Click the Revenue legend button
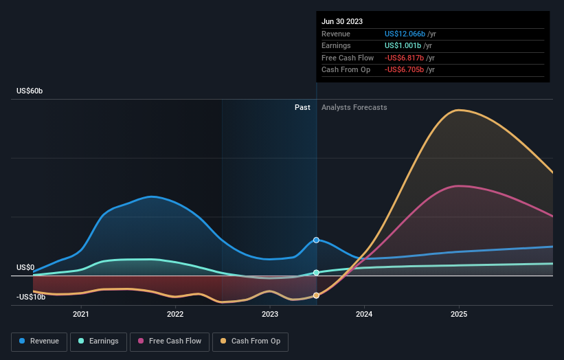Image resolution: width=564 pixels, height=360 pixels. pos(40,341)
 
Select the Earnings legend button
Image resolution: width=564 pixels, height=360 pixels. pos(98,341)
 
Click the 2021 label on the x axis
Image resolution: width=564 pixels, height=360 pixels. pos(81,315)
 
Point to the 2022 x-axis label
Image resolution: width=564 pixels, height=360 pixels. pos(175,315)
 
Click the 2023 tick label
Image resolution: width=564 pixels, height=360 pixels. pos(270,315)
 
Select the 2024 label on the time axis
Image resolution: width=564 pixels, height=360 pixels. pos(364,315)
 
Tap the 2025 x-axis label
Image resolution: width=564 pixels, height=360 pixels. pos(459,315)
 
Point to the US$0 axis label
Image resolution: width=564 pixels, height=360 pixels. pos(26,267)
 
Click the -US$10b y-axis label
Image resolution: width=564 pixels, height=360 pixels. pos(31,297)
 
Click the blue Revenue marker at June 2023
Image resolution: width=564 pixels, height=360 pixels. pos(316,240)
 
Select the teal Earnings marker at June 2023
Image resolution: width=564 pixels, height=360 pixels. pos(316,273)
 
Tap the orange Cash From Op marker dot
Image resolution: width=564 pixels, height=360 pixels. pos(316,295)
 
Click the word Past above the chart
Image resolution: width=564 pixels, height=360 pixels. pos(302,107)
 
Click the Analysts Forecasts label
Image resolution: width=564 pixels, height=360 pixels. pos(354,107)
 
